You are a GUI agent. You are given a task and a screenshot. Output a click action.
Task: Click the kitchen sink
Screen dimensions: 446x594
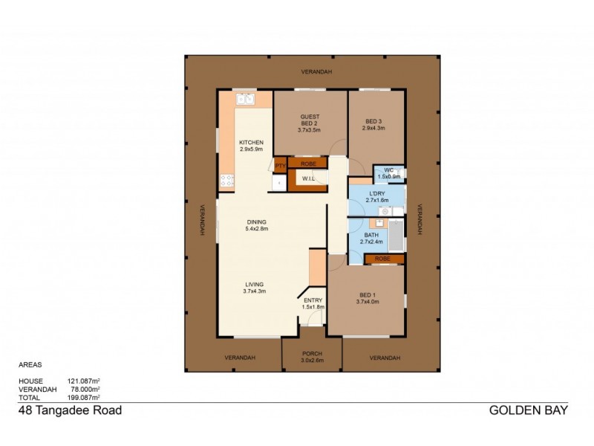pyautogui.click(x=245, y=100)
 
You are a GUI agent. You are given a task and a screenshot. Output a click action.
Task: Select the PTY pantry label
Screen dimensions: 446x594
pyautogui.click(x=280, y=164)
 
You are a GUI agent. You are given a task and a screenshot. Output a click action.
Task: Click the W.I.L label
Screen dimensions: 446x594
pyautogui.click(x=308, y=179)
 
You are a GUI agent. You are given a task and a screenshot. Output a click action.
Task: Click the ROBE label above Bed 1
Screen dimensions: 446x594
pyautogui.click(x=383, y=259)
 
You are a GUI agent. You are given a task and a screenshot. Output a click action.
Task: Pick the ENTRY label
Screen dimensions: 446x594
pyautogui.click(x=312, y=301)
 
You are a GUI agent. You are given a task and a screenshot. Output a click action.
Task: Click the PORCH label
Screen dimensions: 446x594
pyautogui.click(x=312, y=354)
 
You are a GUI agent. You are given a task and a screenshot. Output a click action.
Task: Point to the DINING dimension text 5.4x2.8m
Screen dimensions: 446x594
pyautogui.click(x=256, y=228)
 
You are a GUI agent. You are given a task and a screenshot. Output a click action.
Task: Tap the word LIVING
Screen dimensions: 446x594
pyautogui.click(x=254, y=285)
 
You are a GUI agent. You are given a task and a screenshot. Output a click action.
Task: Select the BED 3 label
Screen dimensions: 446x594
pyautogui.click(x=375, y=122)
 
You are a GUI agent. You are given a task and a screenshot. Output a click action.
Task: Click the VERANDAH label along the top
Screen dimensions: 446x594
pyautogui.click(x=316, y=71)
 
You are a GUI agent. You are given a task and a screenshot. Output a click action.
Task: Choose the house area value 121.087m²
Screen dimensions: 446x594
pyautogui.click(x=84, y=381)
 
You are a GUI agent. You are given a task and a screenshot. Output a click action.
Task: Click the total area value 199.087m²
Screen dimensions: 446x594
pyautogui.click(x=84, y=396)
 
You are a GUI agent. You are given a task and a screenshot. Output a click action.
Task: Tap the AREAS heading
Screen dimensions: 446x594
pyautogui.click(x=30, y=365)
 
